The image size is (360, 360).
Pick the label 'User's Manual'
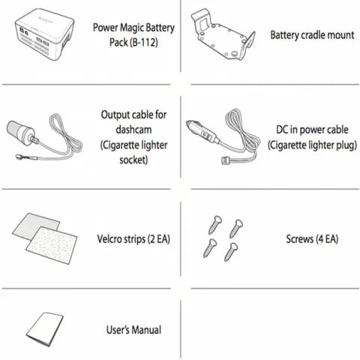click(135, 328)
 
